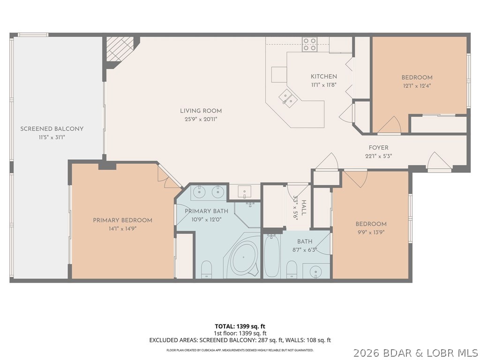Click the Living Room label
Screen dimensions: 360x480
coord(201,111)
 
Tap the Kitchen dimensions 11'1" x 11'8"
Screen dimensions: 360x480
coord(323,85)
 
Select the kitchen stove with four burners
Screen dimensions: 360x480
coord(309,45)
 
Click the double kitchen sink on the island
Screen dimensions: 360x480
coord(288,98)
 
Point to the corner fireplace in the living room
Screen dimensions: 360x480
coord(120,50)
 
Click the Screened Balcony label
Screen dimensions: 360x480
coord(52,129)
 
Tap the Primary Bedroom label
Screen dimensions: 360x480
coord(122,220)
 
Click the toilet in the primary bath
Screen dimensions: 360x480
coord(206,270)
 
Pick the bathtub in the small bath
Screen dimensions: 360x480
coord(271,256)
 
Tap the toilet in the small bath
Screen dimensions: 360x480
coord(292,270)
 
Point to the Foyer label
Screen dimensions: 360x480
coord(378,148)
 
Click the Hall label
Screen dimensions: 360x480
coord(304,207)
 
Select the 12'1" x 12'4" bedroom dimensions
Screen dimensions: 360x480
coord(417,85)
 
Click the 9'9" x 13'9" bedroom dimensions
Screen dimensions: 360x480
coord(371,232)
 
